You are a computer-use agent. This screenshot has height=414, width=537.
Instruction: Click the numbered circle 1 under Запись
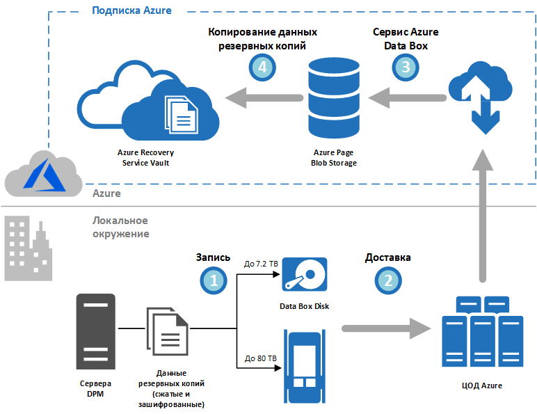click(213, 280)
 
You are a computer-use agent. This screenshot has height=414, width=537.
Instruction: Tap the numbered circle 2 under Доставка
click(387, 280)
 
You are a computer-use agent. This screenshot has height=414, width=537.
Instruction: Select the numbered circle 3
click(406, 67)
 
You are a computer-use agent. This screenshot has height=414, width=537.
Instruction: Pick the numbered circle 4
click(262, 67)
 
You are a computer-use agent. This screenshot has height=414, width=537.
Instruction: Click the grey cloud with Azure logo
click(38, 174)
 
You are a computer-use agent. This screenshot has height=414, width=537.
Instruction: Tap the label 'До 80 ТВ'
click(261, 358)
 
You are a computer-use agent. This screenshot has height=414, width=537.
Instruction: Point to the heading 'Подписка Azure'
click(131, 10)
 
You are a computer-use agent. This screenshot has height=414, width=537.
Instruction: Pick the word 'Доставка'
click(387, 257)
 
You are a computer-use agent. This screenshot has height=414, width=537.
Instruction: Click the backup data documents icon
click(167, 333)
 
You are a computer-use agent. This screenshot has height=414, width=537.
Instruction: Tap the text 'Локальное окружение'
click(120, 227)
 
